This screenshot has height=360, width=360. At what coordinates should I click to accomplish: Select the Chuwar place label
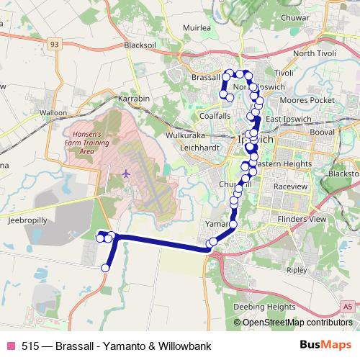316,18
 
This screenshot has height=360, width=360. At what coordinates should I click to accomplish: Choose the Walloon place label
53,113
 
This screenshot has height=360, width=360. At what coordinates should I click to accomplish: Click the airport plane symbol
127,173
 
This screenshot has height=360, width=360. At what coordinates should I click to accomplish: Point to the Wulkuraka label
186,135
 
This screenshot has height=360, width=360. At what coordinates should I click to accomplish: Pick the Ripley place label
296,271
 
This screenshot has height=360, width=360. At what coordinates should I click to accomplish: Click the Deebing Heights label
266,306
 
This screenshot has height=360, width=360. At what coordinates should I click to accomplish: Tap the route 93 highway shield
55,44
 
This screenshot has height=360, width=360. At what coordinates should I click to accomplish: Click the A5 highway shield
348,307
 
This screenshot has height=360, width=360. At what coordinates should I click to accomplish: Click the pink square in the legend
11,346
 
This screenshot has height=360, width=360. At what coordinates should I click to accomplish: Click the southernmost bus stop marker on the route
105,268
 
